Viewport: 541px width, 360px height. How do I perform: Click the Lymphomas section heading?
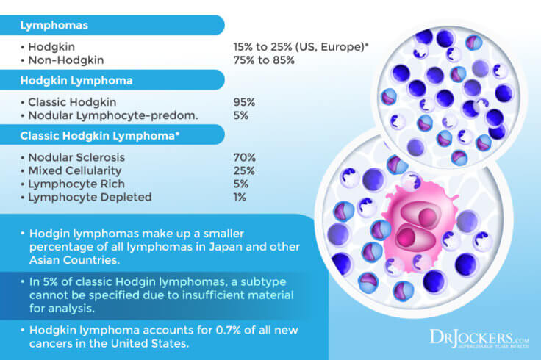(x=54, y=25)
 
